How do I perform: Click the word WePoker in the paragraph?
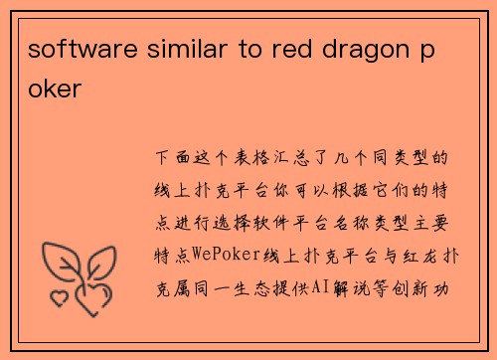pos(225,255)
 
